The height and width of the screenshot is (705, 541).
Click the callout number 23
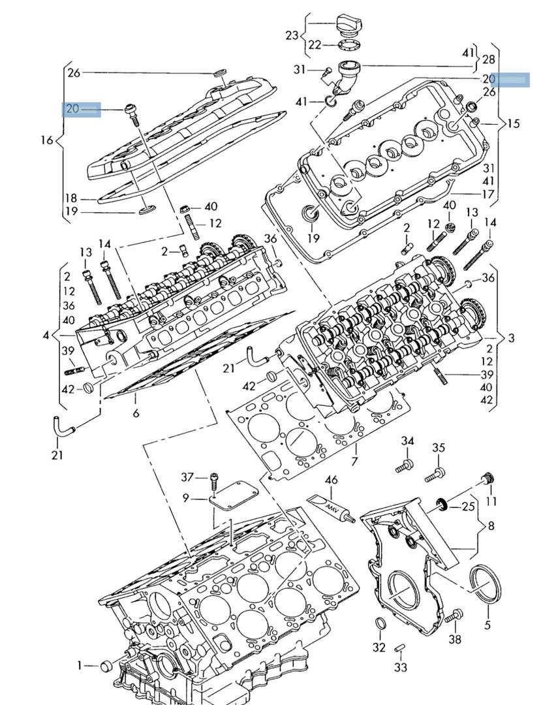pyautogui.click(x=291, y=35)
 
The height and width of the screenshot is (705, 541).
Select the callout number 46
pyautogui.click(x=332, y=480)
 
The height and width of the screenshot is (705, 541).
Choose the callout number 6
pyautogui.click(x=136, y=413)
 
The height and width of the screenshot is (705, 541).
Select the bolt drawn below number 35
pyautogui.click(x=435, y=475)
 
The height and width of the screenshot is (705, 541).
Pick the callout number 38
pyautogui.click(x=454, y=640)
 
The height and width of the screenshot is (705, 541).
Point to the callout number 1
pyautogui.click(x=79, y=665)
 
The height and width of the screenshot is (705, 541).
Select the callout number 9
pyautogui.click(x=186, y=498)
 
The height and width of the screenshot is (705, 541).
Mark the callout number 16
pyautogui.click(x=46, y=140)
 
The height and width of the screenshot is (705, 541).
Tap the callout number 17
pyautogui.click(x=488, y=194)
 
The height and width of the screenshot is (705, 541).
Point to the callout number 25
pyautogui.click(x=468, y=506)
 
